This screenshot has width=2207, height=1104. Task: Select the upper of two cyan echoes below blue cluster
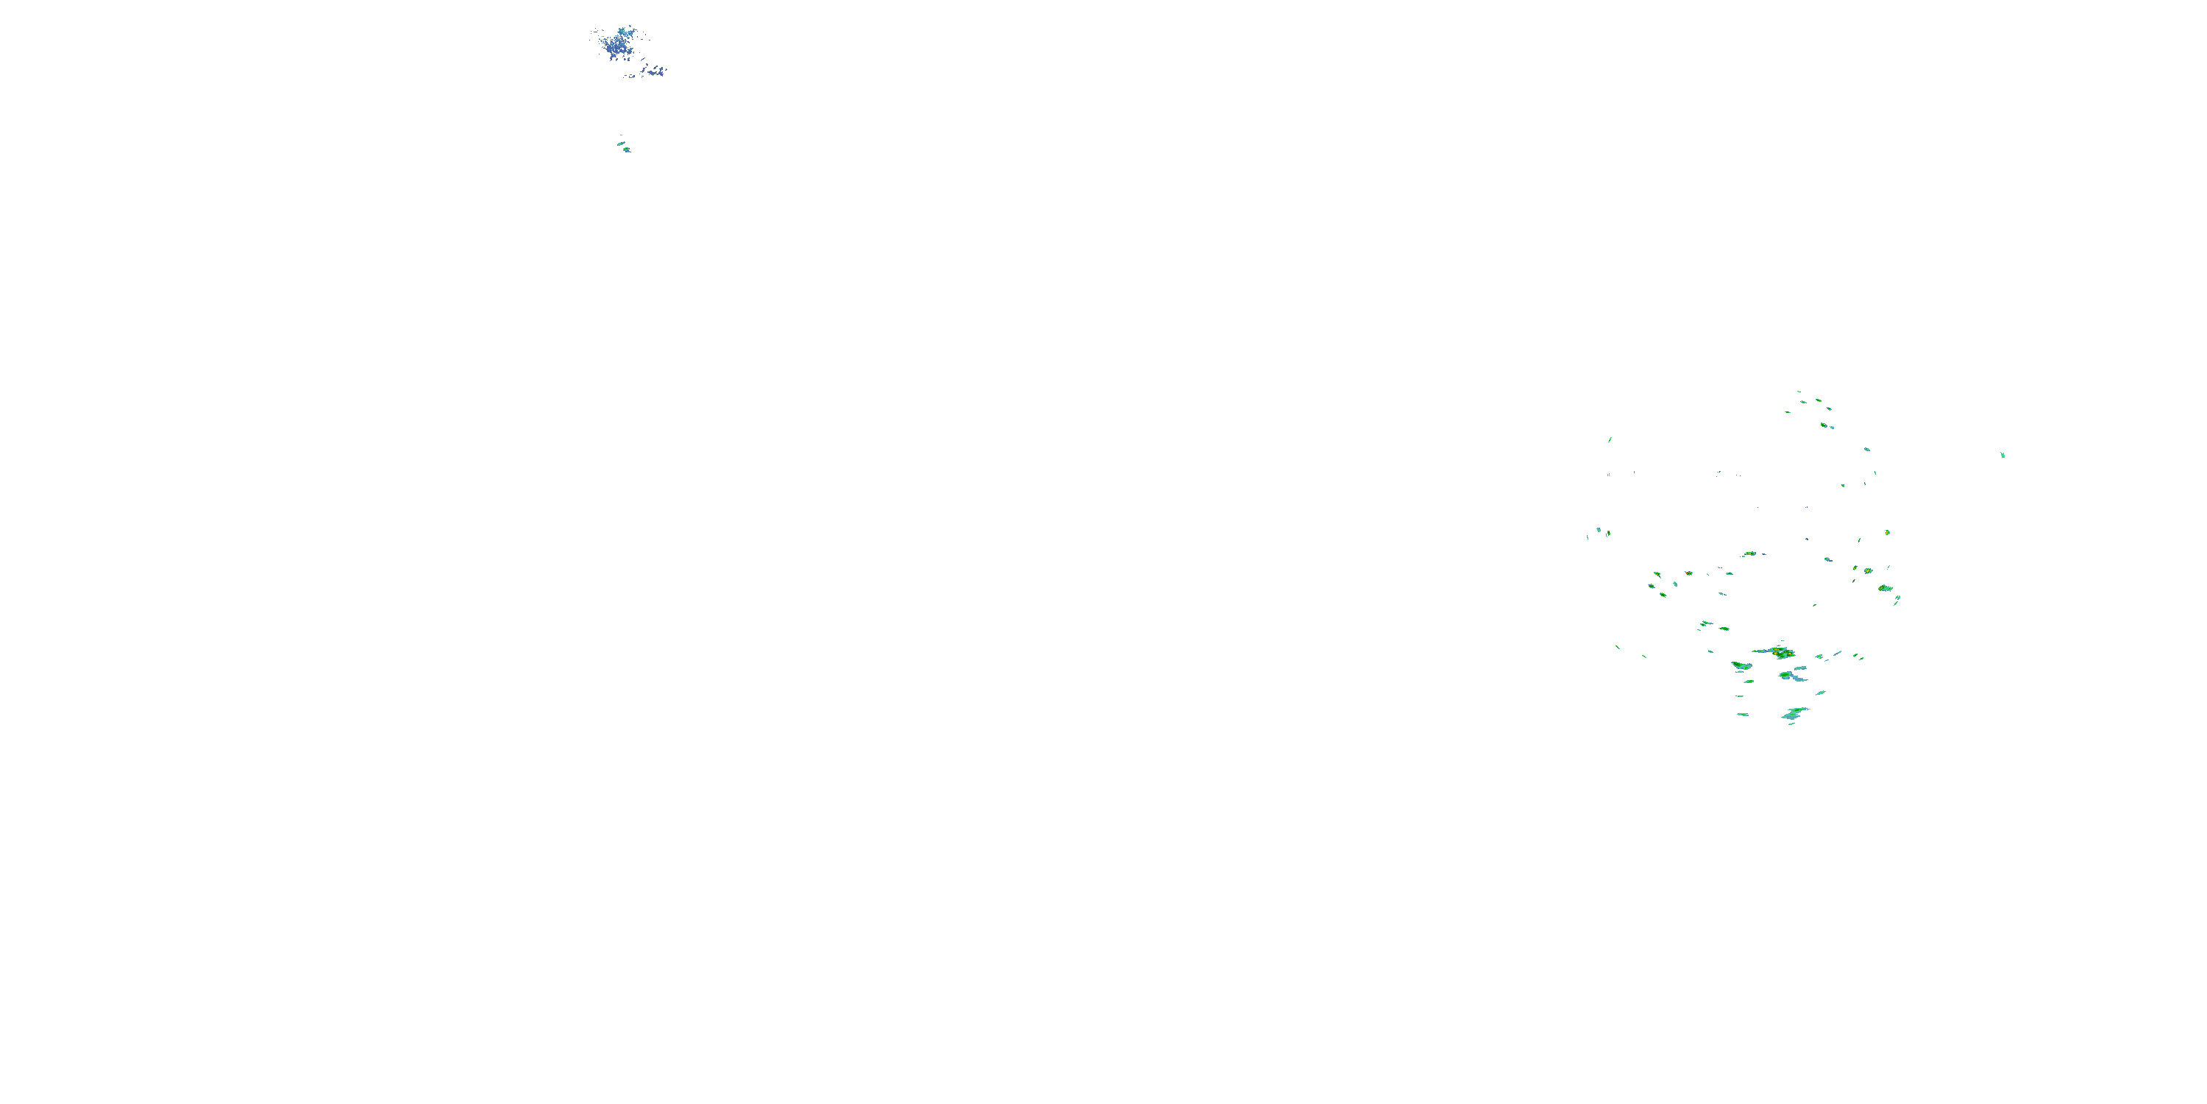[621, 143]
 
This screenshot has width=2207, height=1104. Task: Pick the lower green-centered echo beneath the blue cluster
[627, 150]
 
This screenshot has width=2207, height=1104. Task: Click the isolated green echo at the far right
[2002, 455]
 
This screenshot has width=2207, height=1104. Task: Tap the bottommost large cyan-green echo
[1794, 713]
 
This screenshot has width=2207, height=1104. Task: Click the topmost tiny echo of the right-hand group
[1798, 392]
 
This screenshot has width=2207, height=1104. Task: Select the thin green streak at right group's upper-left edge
[1610, 439]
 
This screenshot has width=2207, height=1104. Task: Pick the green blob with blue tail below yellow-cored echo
[1791, 676]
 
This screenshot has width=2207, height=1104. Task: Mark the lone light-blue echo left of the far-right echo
[1867, 449]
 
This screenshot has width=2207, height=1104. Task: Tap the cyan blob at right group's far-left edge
[1599, 531]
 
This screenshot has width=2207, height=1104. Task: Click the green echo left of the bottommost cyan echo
[1743, 714]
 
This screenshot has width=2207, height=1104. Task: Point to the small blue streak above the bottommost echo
[1820, 693]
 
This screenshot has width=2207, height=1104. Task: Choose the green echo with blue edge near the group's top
[1825, 424]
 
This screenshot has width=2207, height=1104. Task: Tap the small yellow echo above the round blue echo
[1888, 532]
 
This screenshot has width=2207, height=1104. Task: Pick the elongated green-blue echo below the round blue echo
[1885, 588]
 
